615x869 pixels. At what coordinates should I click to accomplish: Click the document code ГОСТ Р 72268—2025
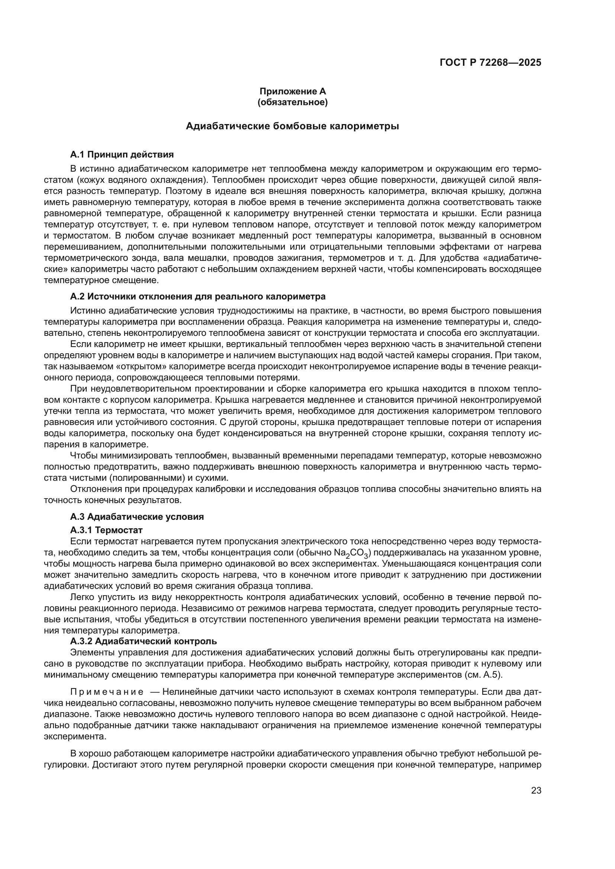click(490, 63)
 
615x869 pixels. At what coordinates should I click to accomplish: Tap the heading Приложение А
click(292, 91)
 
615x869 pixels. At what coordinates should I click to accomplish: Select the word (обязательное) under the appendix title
click(292, 102)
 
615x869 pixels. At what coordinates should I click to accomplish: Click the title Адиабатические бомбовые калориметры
click(292, 126)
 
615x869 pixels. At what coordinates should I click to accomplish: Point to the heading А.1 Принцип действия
click(122, 155)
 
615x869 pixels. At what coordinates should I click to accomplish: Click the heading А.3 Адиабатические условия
click(137, 517)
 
